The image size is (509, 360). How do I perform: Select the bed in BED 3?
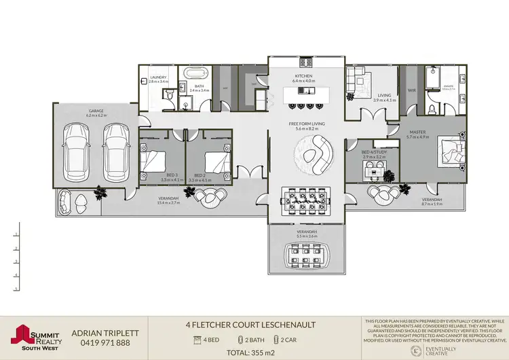point(155,160)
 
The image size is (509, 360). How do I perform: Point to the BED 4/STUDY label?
point(374,153)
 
